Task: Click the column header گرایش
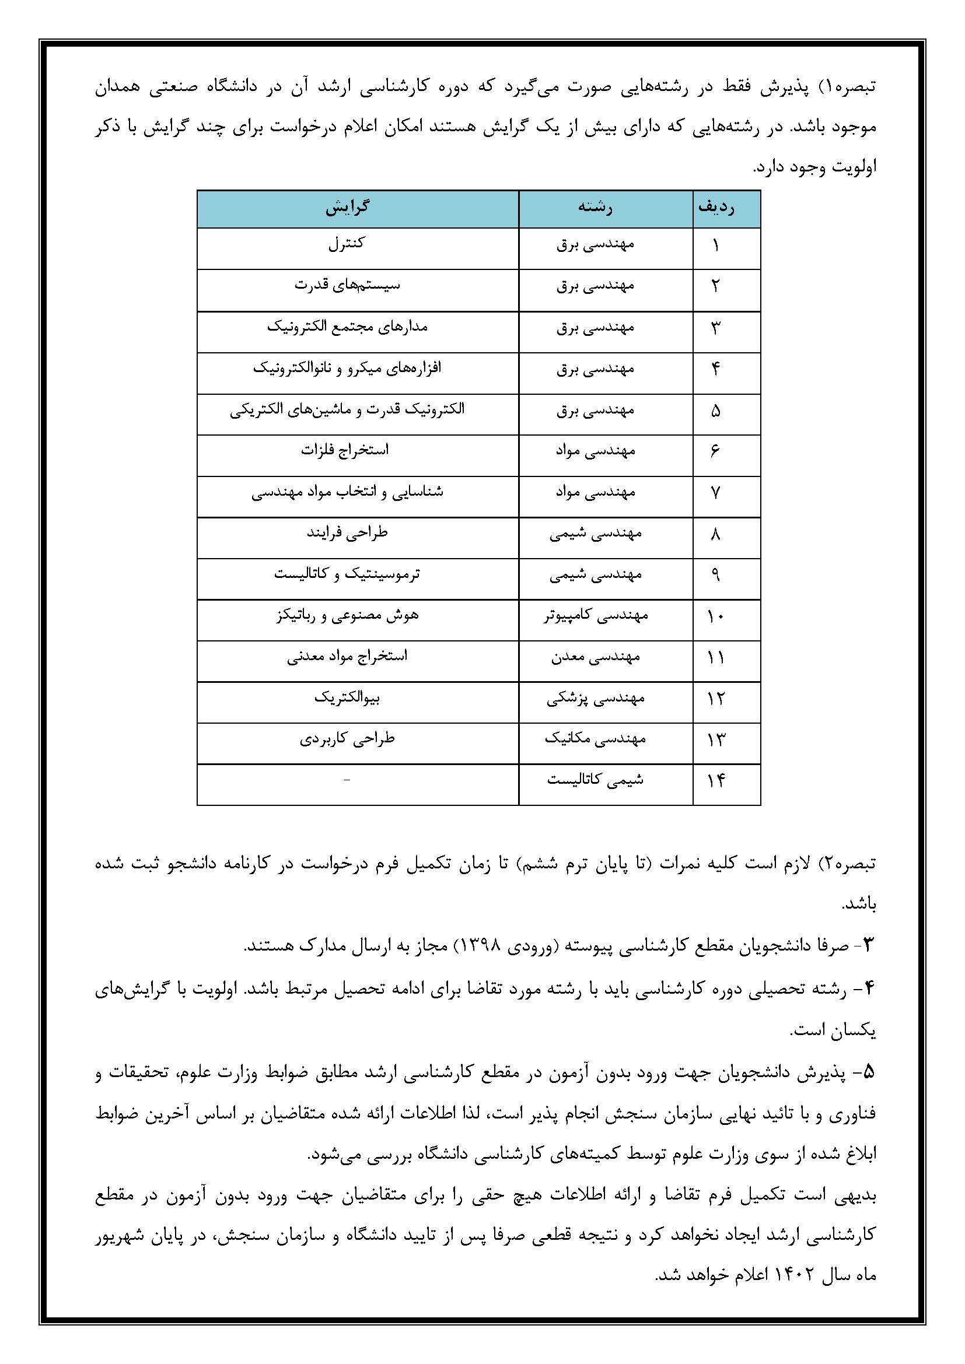tap(348, 208)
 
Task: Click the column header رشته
tap(596, 208)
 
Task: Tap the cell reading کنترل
tap(347, 244)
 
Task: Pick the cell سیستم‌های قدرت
tap(348, 286)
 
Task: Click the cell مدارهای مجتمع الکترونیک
tap(348, 327)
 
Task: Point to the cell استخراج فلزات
tap(345, 451)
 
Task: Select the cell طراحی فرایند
tap(347, 533)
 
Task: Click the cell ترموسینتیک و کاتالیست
tap(347, 574)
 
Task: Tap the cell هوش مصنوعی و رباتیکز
tap(348, 615)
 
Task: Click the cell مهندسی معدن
tap(596, 657)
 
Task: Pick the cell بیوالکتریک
tap(347, 698)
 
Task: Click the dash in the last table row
tap(347, 780)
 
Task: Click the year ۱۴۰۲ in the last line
tap(791, 1275)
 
